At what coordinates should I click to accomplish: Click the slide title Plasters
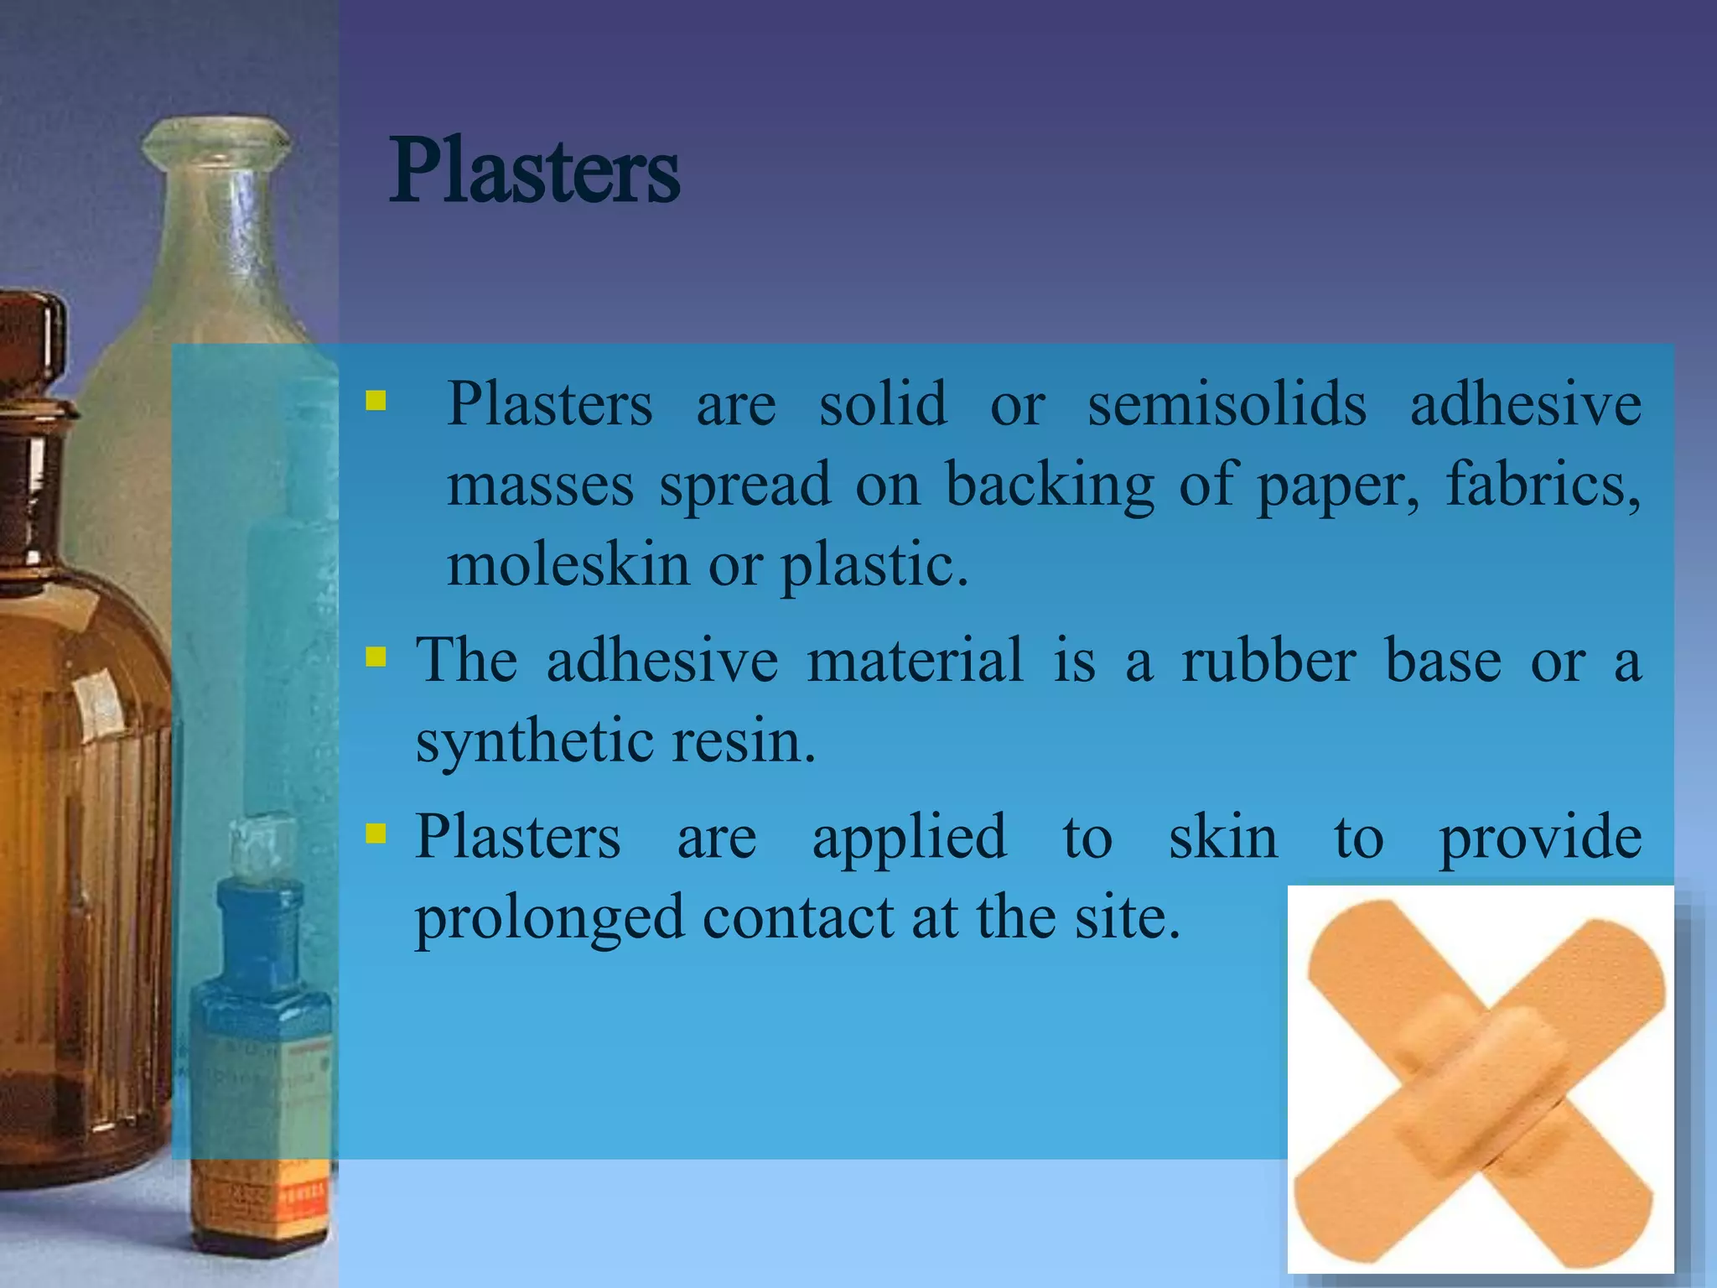click(534, 172)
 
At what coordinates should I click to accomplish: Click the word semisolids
click(1227, 404)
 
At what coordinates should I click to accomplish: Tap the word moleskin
click(568, 564)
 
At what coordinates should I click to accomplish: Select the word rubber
click(1268, 661)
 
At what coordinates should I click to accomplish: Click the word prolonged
click(549, 917)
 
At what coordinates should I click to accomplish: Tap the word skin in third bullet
click(1223, 837)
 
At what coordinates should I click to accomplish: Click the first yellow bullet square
click(376, 400)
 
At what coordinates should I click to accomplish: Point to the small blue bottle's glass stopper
click(263, 843)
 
